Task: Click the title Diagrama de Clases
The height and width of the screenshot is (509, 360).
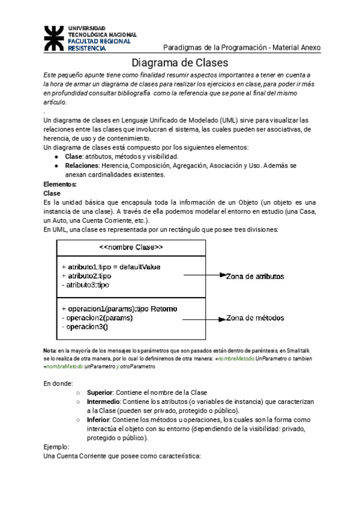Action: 180,62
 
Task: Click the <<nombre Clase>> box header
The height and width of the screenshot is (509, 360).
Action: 130,247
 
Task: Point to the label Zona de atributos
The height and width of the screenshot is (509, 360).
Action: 255,276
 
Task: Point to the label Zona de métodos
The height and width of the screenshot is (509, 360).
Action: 255,318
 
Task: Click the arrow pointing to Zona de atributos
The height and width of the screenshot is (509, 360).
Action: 204,276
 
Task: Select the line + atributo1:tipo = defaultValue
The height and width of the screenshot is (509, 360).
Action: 111,267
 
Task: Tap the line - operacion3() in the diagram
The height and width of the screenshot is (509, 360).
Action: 85,327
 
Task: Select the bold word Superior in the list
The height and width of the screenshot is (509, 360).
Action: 100,391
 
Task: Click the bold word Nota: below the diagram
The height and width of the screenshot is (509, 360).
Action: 50,350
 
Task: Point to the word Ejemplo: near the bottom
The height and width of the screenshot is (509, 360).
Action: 57,447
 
